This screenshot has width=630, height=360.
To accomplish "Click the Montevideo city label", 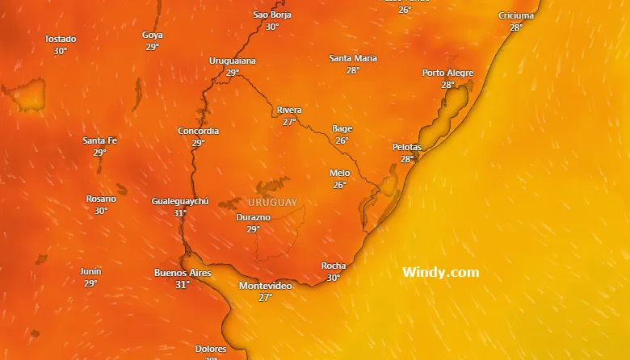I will point(265,287).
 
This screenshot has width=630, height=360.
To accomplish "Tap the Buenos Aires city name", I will point(183,273).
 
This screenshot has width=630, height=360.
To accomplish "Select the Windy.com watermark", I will point(440,273).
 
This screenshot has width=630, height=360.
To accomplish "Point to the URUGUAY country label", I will point(272,203).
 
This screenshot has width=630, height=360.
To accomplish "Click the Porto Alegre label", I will point(447,73).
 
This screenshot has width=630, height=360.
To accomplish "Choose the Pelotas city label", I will point(406,147).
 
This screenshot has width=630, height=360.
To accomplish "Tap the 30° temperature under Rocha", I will point(334,278).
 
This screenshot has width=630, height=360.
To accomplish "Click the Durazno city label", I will point(254,218).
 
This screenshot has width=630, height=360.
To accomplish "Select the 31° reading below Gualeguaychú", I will point(180,213).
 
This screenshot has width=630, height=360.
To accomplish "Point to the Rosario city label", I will point(101,199).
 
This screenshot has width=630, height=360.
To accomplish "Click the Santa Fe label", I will point(100,140).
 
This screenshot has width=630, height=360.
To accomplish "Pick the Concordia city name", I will point(198,131).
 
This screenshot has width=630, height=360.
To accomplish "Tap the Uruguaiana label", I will point(233,61).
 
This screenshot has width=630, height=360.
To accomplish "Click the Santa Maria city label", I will point(353,58).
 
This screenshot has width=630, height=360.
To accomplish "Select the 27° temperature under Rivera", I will point(289,122).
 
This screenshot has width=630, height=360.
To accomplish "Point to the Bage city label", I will point(342,128).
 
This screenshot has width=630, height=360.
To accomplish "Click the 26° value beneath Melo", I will point(339,185).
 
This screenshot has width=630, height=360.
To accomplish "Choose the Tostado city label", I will point(60,39).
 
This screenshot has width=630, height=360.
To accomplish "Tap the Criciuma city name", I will point(515,16).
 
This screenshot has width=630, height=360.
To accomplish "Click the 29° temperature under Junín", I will point(90,283).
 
